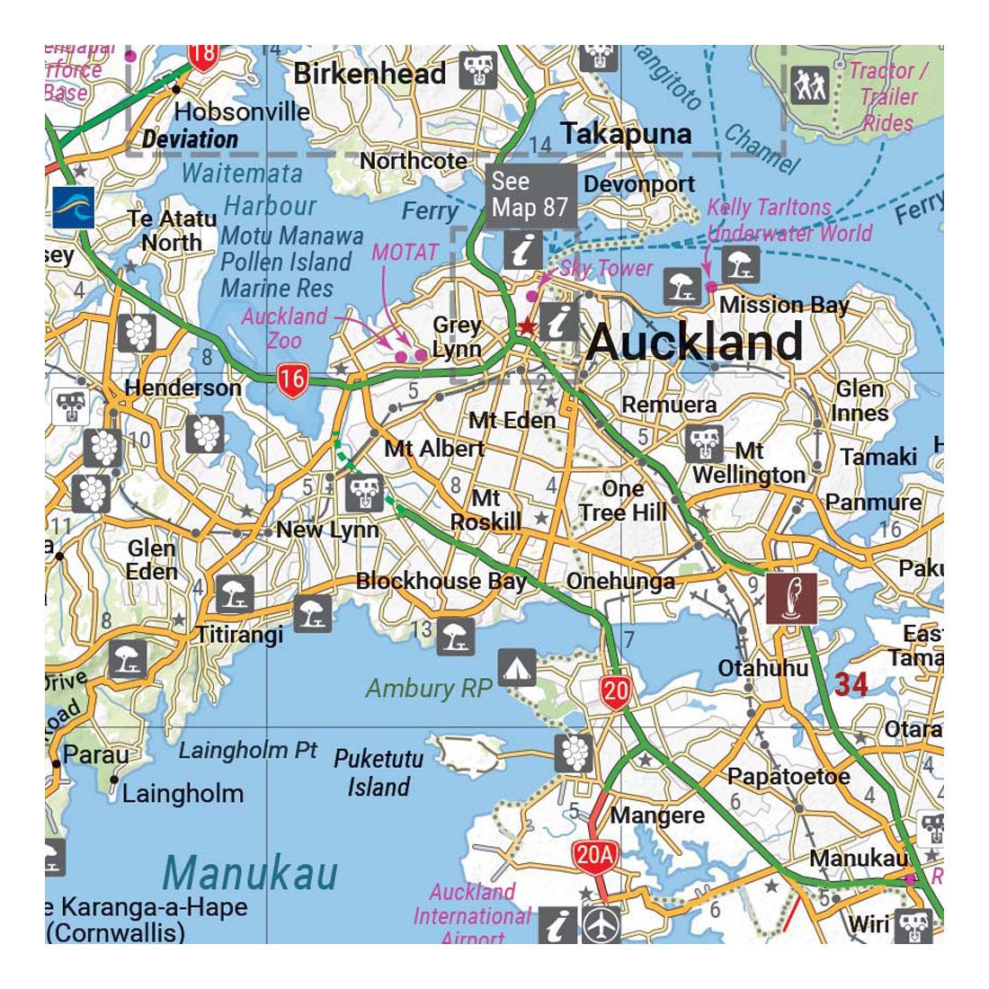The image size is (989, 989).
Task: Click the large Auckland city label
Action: click(x=694, y=343)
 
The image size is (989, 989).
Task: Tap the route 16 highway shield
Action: click(x=291, y=379)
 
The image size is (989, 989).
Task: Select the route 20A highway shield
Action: click(x=593, y=855)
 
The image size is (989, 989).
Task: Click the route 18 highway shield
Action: click(x=204, y=54)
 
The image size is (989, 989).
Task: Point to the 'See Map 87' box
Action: click(x=530, y=194)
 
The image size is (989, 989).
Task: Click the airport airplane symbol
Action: click(x=600, y=924)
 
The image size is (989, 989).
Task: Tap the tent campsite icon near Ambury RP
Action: click(x=517, y=667)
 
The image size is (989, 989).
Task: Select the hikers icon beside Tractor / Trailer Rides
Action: click(x=812, y=86)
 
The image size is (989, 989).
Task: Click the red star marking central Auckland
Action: click(x=527, y=327)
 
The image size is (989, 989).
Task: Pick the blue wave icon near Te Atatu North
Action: click(x=73, y=208)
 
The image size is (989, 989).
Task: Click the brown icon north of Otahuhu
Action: click(x=791, y=598)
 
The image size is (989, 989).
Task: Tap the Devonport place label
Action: click(x=639, y=184)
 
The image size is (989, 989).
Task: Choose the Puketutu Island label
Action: click(x=379, y=772)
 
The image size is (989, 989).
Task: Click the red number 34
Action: click(x=850, y=685)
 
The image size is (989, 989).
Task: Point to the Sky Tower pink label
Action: click(x=606, y=268)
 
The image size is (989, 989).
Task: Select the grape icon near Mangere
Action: click(x=574, y=753)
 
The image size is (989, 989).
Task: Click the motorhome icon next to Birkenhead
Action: click(x=477, y=70)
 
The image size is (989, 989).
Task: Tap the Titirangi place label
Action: click(x=240, y=634)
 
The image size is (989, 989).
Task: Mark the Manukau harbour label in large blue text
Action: click(x=251, y=873)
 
